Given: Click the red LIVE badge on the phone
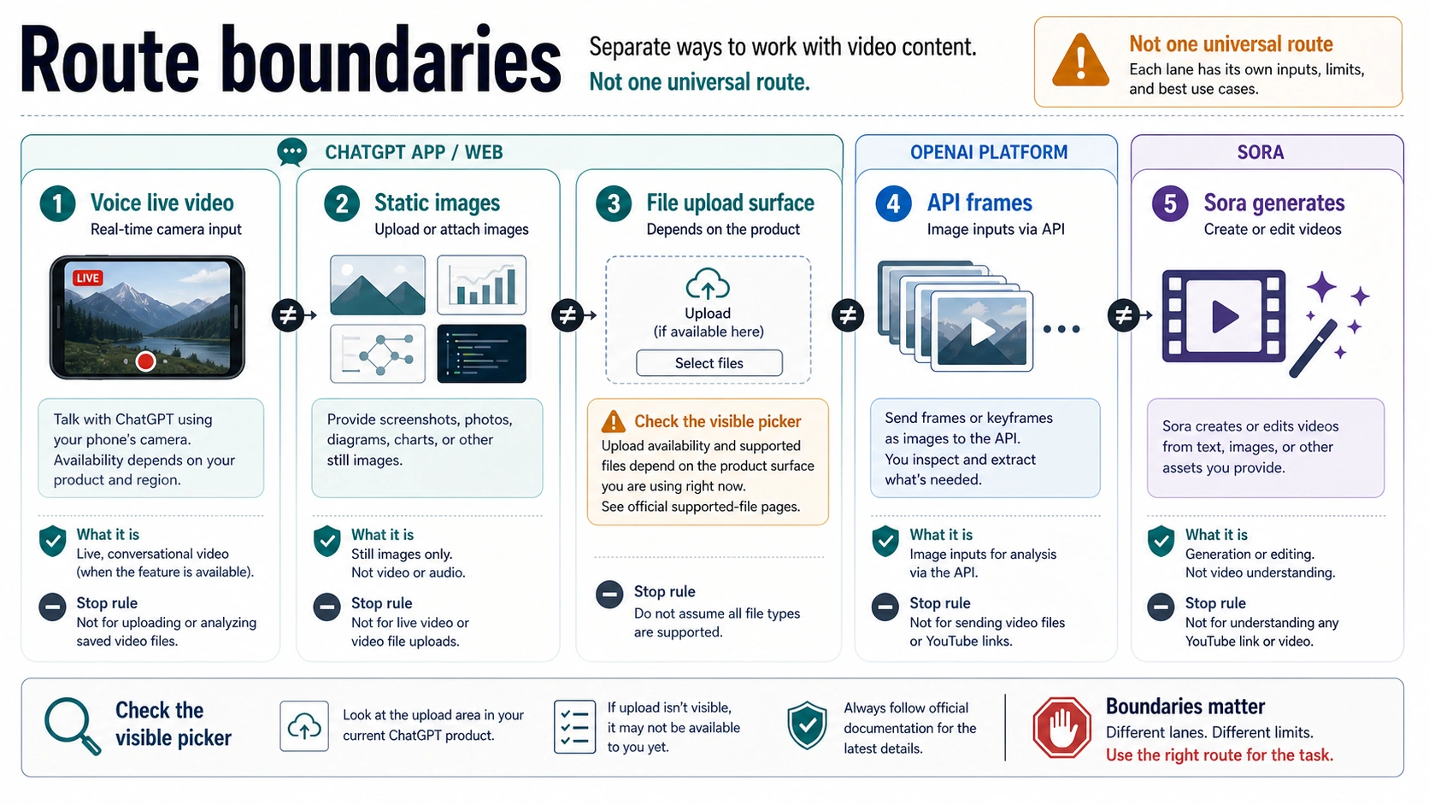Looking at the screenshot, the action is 88,278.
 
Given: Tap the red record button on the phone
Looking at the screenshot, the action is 145,361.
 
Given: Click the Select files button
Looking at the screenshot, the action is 709,363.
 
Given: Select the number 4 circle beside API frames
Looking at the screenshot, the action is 893,203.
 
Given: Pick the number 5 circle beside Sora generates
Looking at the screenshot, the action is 1170,203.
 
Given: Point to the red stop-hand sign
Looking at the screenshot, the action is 1061,727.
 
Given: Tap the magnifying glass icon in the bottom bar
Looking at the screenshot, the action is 72,726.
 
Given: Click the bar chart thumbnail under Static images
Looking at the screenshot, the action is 482,285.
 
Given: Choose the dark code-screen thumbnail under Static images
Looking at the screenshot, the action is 482,353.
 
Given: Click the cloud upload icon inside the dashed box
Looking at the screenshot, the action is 708,284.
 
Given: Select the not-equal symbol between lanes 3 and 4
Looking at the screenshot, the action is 848,315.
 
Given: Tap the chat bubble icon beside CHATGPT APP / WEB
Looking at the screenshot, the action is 292,152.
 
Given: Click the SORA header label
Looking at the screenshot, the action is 1260,152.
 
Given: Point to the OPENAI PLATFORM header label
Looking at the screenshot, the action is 988,152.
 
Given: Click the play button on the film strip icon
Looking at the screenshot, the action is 1224,316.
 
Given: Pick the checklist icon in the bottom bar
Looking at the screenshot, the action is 575,727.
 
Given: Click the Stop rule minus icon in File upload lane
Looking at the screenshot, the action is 609,594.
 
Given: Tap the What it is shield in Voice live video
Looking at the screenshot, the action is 53,542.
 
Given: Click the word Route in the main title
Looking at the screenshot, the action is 109,61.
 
